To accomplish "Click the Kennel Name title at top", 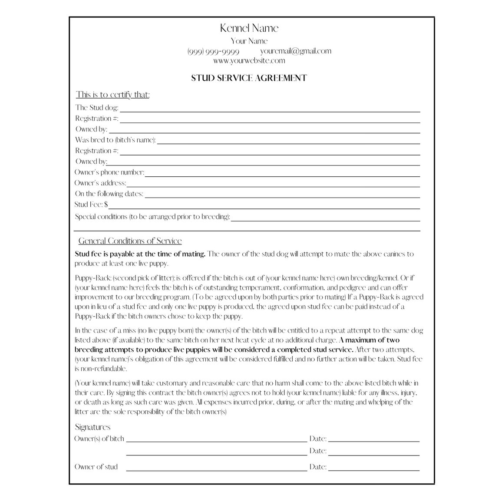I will [x=249, y=28].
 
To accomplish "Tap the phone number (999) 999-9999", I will [x=213, y=51].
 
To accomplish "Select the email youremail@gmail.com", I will [x=296, y=51].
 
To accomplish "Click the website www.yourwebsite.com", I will [x=249, y=61].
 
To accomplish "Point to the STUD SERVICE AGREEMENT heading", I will [x=249, y=78].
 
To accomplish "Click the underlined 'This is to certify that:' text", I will [x=113, y=95].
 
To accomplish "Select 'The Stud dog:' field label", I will [x=96, y=108].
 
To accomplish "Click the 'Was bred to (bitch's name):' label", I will [x=115, y=140].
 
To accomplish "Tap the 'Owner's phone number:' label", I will [x=109, y=172].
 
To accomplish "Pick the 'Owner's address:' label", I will [x=100, y=183].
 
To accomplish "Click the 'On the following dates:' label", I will [x=109, y=194].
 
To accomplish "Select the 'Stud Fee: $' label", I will [x=91, y=205].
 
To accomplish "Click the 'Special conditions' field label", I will [x=152, y=217].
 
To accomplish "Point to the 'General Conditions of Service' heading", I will [x=130, y=241].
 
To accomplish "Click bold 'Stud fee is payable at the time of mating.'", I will [x=140, y=254].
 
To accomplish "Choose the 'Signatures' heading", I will [x=92, y=427].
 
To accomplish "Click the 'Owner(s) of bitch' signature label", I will [x=99, y=439].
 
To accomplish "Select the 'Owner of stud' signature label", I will [x=96, y=467].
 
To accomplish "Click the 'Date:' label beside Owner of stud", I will [x=318, y=467].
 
